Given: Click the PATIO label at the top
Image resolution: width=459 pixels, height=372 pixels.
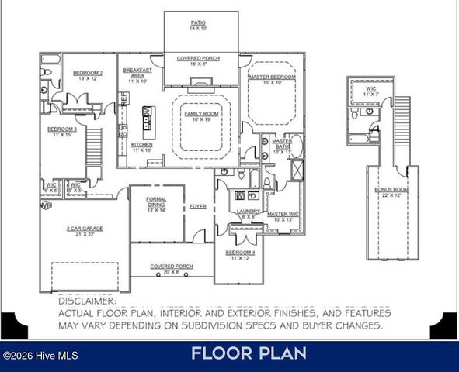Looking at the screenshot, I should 198,23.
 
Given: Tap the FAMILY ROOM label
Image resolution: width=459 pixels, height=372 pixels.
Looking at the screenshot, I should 197,114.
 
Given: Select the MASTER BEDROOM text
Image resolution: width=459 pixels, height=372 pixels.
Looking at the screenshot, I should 273,77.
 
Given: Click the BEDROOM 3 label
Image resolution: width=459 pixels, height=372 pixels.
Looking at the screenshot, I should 61,129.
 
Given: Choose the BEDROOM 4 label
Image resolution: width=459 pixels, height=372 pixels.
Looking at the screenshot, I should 238,253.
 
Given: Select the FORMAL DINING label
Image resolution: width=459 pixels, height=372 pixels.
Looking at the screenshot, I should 156,201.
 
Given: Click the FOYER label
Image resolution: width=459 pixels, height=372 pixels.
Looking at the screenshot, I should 198,206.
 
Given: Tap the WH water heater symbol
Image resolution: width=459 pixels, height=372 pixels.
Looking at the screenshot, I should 46,206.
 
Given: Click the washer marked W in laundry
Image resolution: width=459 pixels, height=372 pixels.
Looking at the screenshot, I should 240,195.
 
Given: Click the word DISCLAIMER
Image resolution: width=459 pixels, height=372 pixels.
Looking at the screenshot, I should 87,301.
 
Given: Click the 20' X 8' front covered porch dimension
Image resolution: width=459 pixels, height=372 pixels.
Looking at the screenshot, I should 165,272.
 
